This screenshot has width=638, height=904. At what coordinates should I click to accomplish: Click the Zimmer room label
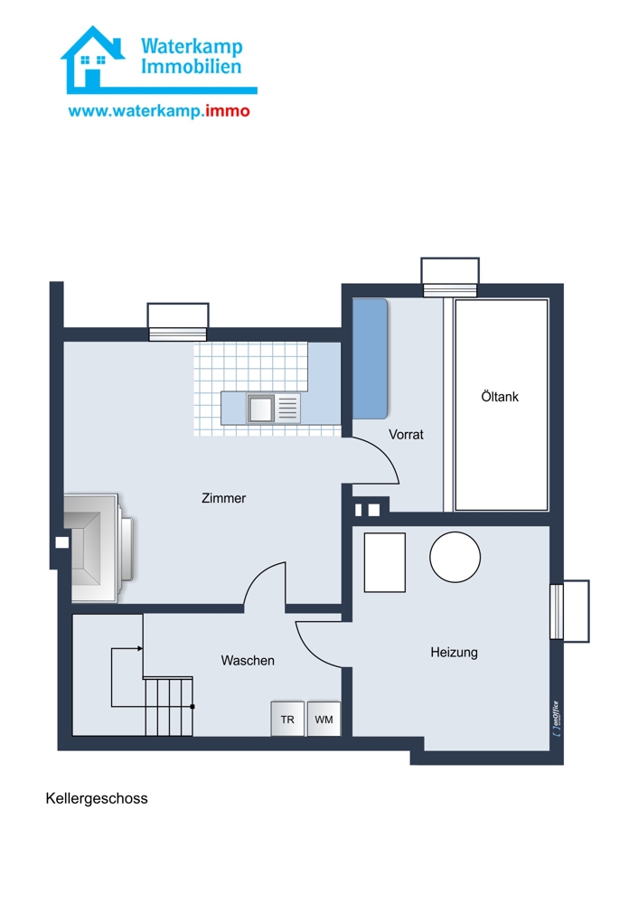[223, 497]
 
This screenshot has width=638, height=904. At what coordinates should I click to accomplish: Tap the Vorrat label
[406, 434]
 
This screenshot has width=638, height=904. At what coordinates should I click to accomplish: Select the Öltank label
[500, 397]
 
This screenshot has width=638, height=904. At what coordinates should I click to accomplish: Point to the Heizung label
[455, 653]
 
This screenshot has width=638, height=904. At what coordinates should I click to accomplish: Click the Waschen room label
[248, 660]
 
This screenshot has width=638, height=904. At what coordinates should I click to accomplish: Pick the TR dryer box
[287, 719]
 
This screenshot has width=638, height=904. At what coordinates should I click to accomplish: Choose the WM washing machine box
[324, 719]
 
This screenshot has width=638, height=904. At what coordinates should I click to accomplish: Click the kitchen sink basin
[260, 409]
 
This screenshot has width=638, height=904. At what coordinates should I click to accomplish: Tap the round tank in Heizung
[455, 557]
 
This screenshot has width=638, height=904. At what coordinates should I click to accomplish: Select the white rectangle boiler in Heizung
[384, 562]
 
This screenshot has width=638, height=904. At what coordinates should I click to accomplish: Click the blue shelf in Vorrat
[370, 358]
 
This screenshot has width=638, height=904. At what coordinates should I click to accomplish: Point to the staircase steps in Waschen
[168, 707]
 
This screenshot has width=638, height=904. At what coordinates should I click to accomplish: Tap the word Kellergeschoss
[97, 798]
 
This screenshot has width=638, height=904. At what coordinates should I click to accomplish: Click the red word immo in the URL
[228, 110]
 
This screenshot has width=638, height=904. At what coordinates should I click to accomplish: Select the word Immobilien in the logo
[192, 67]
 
